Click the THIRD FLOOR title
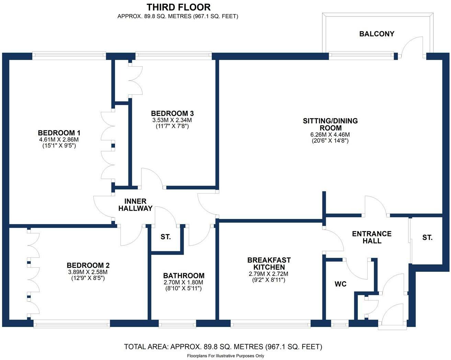[178, 7]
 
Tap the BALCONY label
[377, 34]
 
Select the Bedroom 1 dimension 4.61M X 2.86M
[59, 140]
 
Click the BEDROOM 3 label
[172, 113]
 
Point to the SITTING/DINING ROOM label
[330, 124]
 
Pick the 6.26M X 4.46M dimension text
[330, 135]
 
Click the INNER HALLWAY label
[135, 205]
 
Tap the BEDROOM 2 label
[88, 265]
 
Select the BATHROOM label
[184, 276]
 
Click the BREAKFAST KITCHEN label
[269, 264]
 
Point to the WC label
[340, 284]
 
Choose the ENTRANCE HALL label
[372, 237]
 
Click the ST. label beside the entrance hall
[427, 237]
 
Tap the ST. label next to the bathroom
[165, 237]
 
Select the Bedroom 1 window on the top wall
[69, 55]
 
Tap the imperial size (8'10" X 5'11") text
[184, 289]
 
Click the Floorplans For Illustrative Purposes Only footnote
[225, 356]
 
